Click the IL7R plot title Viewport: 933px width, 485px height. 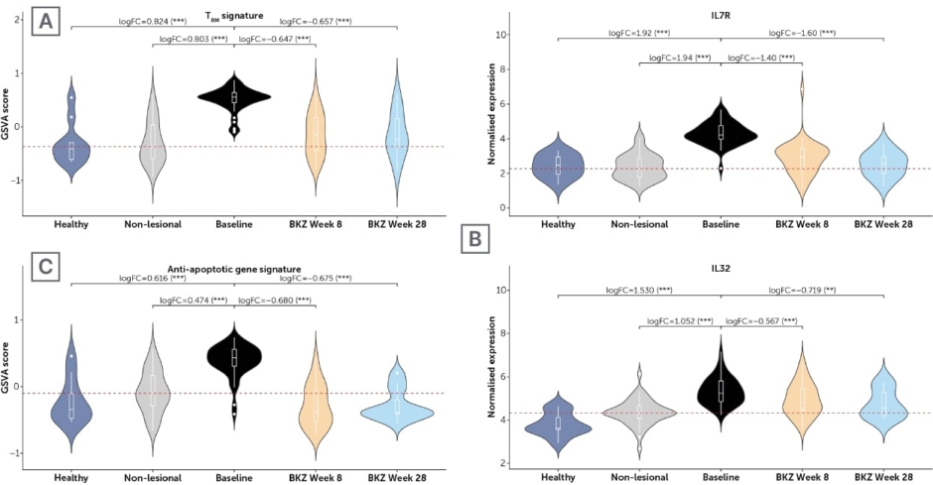coord(720,16)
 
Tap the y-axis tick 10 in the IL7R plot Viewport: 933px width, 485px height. coord(502,35)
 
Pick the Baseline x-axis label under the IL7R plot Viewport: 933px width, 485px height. coord(721,224)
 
